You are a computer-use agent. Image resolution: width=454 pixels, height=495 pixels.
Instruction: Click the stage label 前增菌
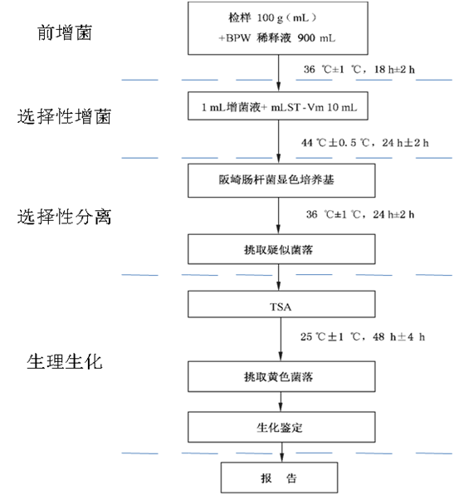click(65, 33)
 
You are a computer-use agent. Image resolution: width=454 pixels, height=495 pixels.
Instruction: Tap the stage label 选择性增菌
click(64, 116)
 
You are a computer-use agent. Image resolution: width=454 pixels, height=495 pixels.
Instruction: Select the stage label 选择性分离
click(64, 217)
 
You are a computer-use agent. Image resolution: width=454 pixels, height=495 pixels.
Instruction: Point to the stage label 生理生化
click(65, 361)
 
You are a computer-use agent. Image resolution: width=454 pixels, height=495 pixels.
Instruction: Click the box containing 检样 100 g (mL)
click(278, 28)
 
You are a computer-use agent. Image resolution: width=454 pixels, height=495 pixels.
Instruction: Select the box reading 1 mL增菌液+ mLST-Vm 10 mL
click(278, 105)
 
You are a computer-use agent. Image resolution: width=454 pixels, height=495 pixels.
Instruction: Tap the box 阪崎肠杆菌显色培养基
click(281, 180)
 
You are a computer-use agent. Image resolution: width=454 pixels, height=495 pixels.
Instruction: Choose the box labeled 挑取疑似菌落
click(281, 249)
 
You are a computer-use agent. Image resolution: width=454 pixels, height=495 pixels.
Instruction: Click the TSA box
click(281, 304)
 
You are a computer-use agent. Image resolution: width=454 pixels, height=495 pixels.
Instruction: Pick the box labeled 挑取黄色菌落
click(281, 376)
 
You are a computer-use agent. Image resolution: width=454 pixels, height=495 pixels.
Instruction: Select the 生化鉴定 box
click(281, 427)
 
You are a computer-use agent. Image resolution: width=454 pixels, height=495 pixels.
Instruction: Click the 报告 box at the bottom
click(279, 478)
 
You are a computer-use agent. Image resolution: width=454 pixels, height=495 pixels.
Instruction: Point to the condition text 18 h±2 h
click(394, 70)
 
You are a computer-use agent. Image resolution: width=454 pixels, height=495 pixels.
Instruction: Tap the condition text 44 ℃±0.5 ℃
click(335, 143)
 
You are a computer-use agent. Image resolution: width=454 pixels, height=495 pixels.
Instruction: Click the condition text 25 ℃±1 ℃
click(330, 336)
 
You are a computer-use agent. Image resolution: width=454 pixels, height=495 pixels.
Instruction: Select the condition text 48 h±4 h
click(398, 336)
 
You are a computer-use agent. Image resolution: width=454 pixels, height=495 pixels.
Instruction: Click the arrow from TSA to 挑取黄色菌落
click(281, 340)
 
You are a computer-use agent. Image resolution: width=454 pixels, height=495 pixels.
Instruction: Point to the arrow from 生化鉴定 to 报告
click(281, 453)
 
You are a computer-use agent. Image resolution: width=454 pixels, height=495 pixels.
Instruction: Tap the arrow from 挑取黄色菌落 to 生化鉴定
click(281, 401)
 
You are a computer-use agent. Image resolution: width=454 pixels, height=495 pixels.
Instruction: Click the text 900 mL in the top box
click(316, 38)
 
